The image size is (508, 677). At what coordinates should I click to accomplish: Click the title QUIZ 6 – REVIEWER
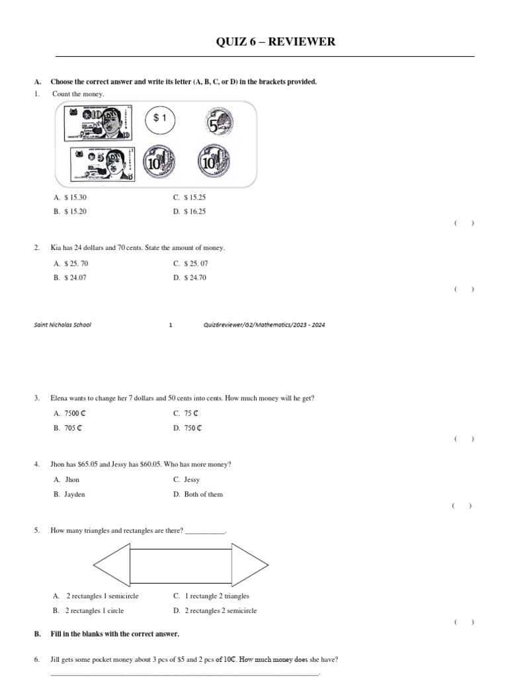[276, 42]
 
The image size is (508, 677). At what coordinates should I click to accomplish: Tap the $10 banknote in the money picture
[97, 124]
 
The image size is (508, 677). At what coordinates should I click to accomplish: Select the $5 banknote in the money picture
[103, 163]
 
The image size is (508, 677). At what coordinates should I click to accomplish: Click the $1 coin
[159, 119]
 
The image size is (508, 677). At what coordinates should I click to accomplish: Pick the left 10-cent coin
[159, 161]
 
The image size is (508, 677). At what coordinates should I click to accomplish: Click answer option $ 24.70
[194, 278]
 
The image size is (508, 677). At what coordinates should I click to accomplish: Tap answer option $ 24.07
[75, 278]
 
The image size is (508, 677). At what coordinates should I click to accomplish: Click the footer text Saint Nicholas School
[63, 325]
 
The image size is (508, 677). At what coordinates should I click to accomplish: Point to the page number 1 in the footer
[171, 325]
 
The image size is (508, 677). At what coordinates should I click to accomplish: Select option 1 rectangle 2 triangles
[212, 596]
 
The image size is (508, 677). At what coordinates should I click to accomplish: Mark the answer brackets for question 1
[464, 223]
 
